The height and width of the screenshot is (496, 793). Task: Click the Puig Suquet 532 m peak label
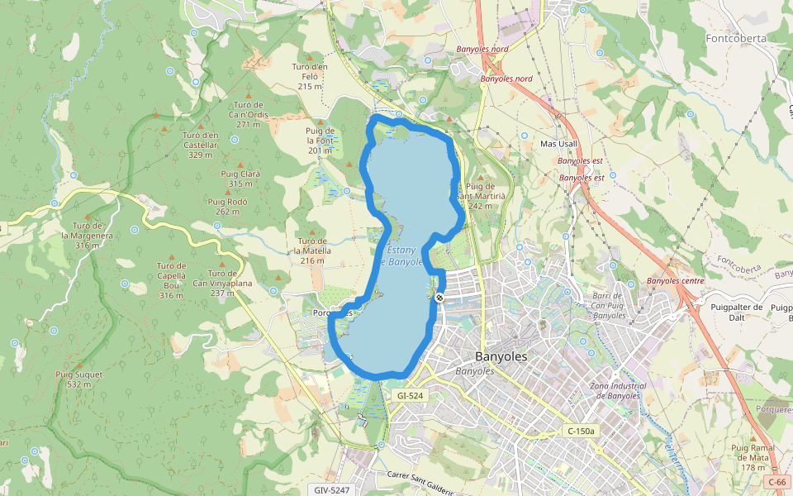tap(79, 379)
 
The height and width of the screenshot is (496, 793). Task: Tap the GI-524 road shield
tap(410, 396)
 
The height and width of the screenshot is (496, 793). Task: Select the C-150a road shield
tap(582, 431)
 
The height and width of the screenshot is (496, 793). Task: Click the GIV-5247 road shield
tap(332, 490)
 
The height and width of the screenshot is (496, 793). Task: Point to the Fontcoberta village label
tap(736, 38)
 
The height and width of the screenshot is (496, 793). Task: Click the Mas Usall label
tap(559, 144)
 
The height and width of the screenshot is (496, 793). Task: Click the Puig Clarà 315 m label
tap(240, 179)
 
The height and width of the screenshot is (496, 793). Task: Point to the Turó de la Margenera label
tap(87, 235)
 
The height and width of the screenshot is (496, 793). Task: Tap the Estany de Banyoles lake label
tap(401, 255)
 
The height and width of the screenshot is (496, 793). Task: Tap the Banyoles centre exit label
tap(676, 281)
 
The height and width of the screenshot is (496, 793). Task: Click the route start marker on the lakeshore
tap(439, 298)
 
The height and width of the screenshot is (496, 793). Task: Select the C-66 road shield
tap(776, 482)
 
